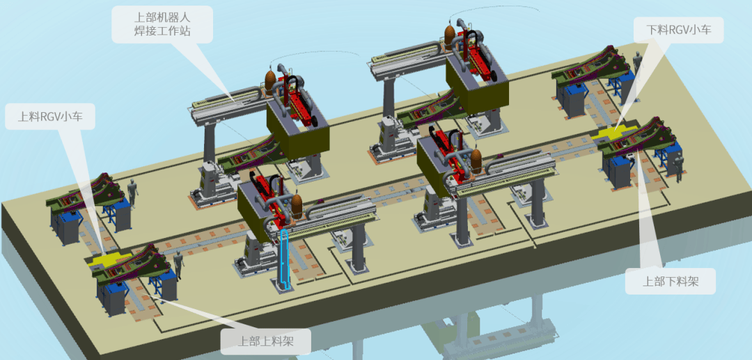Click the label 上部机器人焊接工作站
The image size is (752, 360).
tap(162, 24)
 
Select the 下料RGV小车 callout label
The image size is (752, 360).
tap(678, 30)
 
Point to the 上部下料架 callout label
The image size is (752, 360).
tap(670, 281)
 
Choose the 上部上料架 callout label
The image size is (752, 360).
tap(266, 341)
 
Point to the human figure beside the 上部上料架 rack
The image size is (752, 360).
tap(178, 264)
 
